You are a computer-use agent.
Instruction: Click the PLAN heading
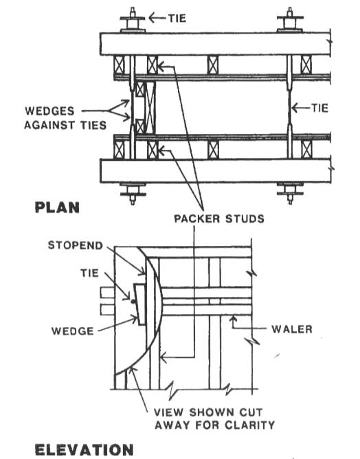pos(57,208)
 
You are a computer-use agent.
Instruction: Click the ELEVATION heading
pos(85,450)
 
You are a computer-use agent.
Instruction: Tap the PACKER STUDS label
pos(219,219)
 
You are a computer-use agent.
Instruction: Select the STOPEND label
pos(76,245)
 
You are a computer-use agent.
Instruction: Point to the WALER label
pos(292,329)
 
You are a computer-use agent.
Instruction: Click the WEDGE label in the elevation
pos(73,331)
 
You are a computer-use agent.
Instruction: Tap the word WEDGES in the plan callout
pos(49,111)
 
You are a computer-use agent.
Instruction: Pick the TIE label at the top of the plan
pos(177,18)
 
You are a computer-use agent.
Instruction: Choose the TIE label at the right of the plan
pos(319,108)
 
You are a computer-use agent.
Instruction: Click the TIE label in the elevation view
pos(89,273)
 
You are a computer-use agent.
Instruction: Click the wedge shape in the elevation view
pos(140,304)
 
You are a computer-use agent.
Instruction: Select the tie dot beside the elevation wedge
pos(133,301)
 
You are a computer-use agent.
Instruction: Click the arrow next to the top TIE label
pos(157,18)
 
